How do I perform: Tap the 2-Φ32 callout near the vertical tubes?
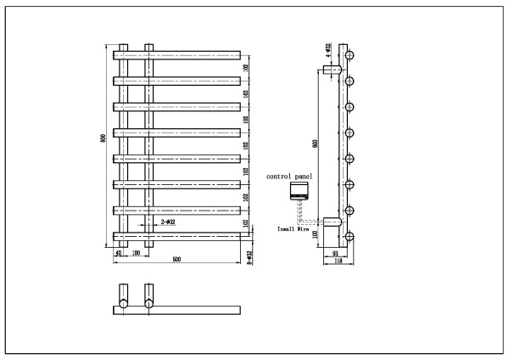tap(168, 222)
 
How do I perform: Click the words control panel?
tap(290, 176)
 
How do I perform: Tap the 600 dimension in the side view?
tap(315, 144)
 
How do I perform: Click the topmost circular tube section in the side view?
tap(350, 55)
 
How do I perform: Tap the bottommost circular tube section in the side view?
tap(350, 237)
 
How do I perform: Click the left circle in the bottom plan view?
tap(124, 302)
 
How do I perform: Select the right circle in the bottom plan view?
tap(149, 302)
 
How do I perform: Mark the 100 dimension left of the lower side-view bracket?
tap(316, 234)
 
